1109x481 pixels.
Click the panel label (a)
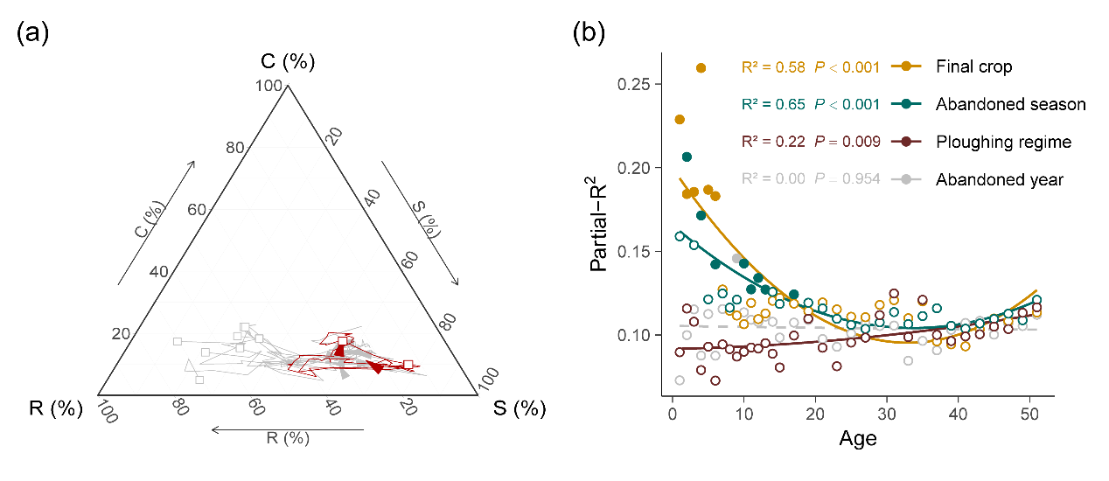[x=31, y=35]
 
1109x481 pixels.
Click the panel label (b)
[x=588, y=35]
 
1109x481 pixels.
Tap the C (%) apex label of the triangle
[x=288, y=63]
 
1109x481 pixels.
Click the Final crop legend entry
[x=973, y=66]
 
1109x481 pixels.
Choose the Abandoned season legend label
[x=1010, y=104]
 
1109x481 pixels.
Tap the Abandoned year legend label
[x=999, y=179]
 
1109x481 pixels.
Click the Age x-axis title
[x=858, y=438]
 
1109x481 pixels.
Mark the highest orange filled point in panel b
[x=701, y=67]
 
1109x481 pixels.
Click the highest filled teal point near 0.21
[x=687, y=157]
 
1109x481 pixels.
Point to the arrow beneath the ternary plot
[x=287, y=429]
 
